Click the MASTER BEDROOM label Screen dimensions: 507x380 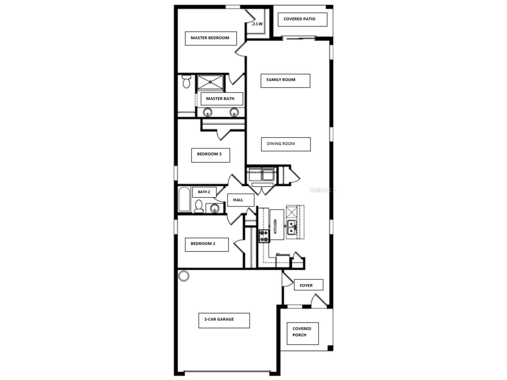(x=210, y=38)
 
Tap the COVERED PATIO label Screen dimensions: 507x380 (x=299, y=19)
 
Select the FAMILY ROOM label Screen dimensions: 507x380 (x=281, y=80)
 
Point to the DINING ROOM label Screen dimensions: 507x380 (x=281, y=143)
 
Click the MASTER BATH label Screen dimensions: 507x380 (x=220, y=99)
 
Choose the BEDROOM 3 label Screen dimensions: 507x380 (x=209, y=154)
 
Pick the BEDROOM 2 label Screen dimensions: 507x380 (x=203, y=244)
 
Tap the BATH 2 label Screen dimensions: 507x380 (x=204, y=192)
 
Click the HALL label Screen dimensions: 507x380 (x=238, y=200)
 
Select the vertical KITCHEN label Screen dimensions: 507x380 (x=275, y=226)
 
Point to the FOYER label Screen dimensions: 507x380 (x=306, y=286)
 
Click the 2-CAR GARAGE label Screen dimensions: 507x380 (x=219, y=319)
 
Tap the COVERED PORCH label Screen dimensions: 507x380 (x=302, y=332)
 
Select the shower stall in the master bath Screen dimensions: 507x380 (x=210, y=83)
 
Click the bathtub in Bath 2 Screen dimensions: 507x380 (x=184, y=199)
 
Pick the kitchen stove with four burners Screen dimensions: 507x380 (x=264, y=236)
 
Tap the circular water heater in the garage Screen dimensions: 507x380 (x=184, y=276)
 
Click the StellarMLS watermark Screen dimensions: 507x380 (x=323, y=190)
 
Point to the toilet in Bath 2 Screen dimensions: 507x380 (x=199, y=206)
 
